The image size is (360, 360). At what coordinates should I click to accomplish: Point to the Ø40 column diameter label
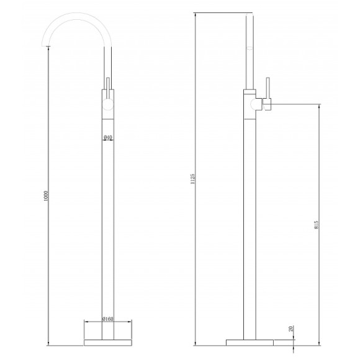107,138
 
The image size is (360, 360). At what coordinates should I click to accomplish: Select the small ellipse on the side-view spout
251,48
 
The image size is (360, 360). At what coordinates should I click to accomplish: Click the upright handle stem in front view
108,86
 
